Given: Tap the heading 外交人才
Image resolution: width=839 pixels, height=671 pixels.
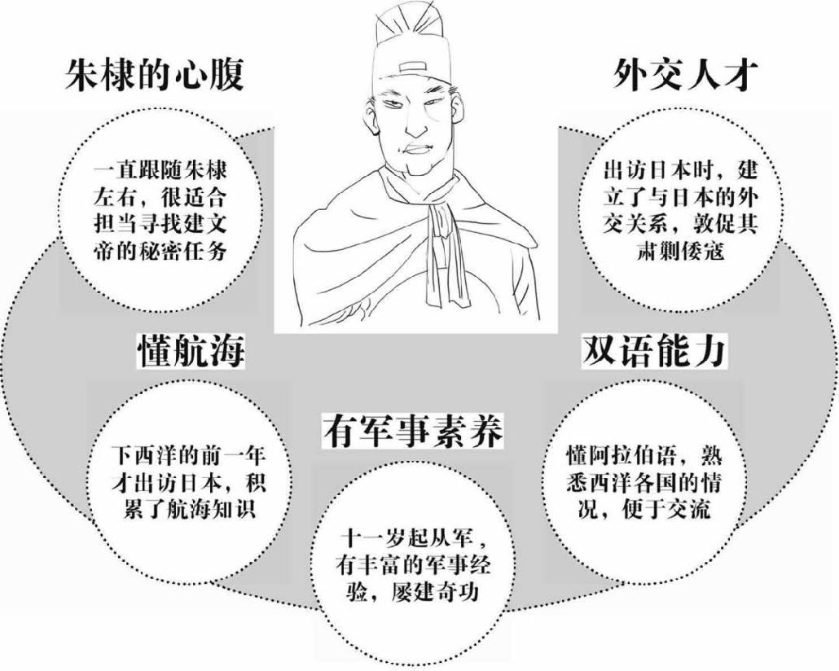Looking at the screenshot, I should click(x=686, y=76).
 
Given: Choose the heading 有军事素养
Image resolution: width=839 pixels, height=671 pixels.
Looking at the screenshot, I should click(x=412, y=430).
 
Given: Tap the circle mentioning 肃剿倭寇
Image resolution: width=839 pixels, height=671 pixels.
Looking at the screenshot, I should click(x=679, y=211).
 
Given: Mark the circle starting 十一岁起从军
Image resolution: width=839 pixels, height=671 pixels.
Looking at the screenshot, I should click(x=415, y=565).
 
